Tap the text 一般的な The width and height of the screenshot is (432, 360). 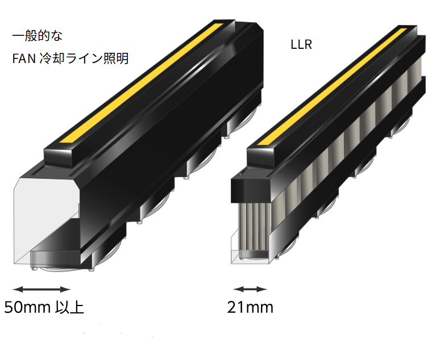pyautogui.click(x=38, y=35)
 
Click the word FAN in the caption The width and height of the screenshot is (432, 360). pyautogui.click(x=24, y=58)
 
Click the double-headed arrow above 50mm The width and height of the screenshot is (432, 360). pyautogui.click(x=41, y=288)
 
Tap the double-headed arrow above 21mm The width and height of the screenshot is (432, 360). pyautogui.click(x=250, y=288)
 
